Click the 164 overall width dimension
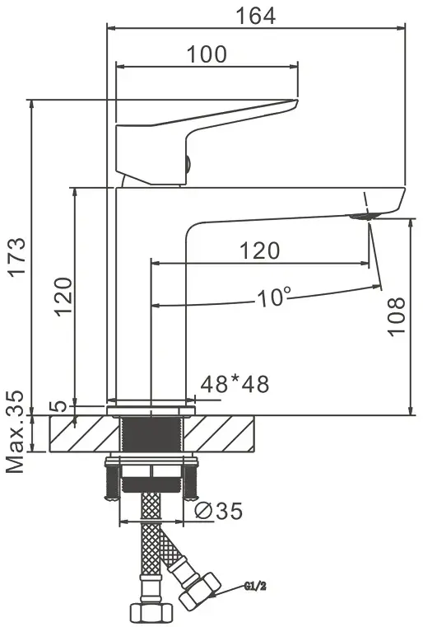(x=256, y=15)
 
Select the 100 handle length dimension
(x=207, y=54)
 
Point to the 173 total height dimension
(x=17, y=257)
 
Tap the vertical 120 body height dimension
(x=63, y=296)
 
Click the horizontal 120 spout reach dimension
(x=259, y=250)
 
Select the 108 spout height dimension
(x=396, y=316)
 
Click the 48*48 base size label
(x=235, y=384)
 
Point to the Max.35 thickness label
(x=15, y=432)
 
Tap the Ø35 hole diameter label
(x=219, y=511)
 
